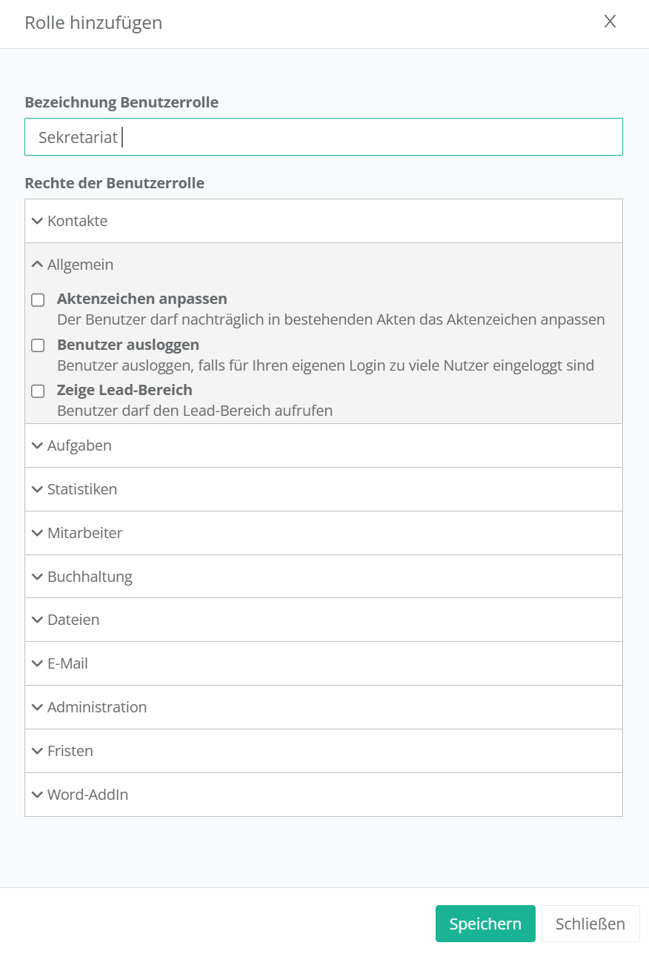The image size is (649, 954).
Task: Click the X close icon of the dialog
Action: coord(610,21)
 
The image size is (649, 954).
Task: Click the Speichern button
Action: coord(485,924)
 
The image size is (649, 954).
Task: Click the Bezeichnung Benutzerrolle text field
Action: coord(323,137)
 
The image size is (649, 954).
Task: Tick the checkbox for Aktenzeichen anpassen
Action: coord(38,300)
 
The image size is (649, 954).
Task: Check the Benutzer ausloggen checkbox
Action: coord(38,346)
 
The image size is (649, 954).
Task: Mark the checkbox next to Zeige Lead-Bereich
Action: coord(38,391)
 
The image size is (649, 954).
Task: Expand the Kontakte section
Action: coord(77,221)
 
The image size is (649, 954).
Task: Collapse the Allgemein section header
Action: coord(80,265)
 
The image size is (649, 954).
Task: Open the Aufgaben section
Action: coord(79,445)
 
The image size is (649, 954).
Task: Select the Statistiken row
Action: coord(81,489)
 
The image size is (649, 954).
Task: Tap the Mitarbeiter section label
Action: coord(84,533)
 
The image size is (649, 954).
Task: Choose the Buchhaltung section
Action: coord(90,577)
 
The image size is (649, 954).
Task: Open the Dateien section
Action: coord(73,620)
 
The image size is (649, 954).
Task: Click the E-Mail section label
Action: coord(67,663)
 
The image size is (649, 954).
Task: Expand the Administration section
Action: coord(96,707)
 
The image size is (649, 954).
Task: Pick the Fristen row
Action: coord(70,751)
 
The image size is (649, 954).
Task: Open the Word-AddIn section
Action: coord(87,795)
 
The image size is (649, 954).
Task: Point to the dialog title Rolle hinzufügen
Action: coord(93,23)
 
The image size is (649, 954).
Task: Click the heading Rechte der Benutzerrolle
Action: coord(115,183)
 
